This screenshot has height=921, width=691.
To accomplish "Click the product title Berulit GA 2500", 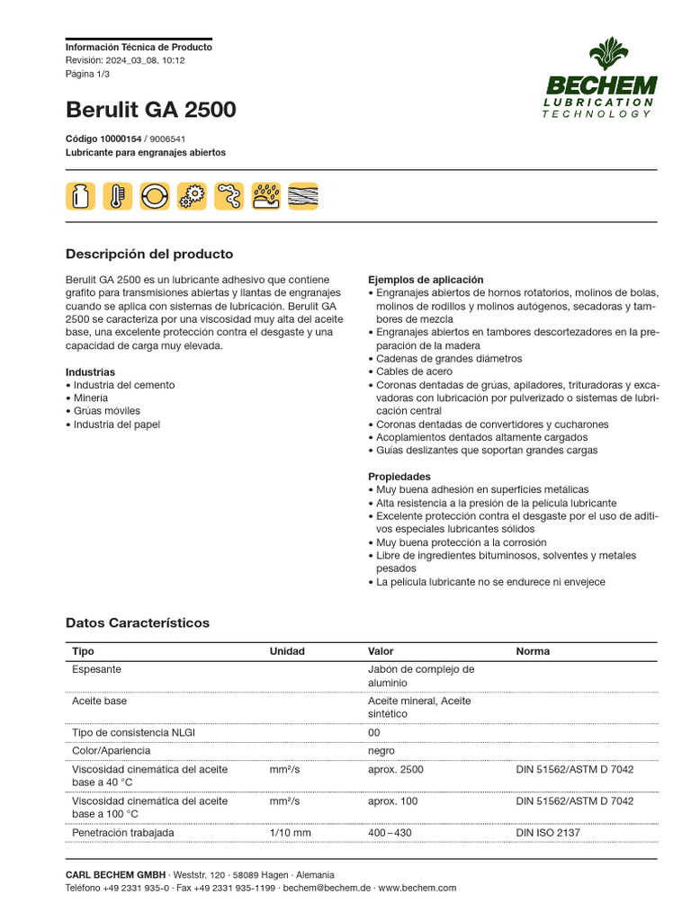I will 151,110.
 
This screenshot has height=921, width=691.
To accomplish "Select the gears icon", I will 191,195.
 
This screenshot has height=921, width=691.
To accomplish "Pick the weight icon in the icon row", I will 80,195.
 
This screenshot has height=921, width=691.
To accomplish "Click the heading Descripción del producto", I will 149,254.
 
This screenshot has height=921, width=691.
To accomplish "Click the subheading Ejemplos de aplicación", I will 426,280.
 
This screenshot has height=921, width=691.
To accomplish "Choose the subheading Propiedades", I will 399,477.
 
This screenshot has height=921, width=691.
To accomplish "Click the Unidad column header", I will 287,651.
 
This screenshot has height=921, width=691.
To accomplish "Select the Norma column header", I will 533,651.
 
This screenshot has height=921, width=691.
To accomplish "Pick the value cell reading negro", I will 381,750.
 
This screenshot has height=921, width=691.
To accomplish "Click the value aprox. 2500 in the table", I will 395,770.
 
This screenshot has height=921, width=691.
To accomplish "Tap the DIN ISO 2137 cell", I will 548,833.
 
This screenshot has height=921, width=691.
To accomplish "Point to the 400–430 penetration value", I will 390,833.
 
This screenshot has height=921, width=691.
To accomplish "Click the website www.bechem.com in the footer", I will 417,888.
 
